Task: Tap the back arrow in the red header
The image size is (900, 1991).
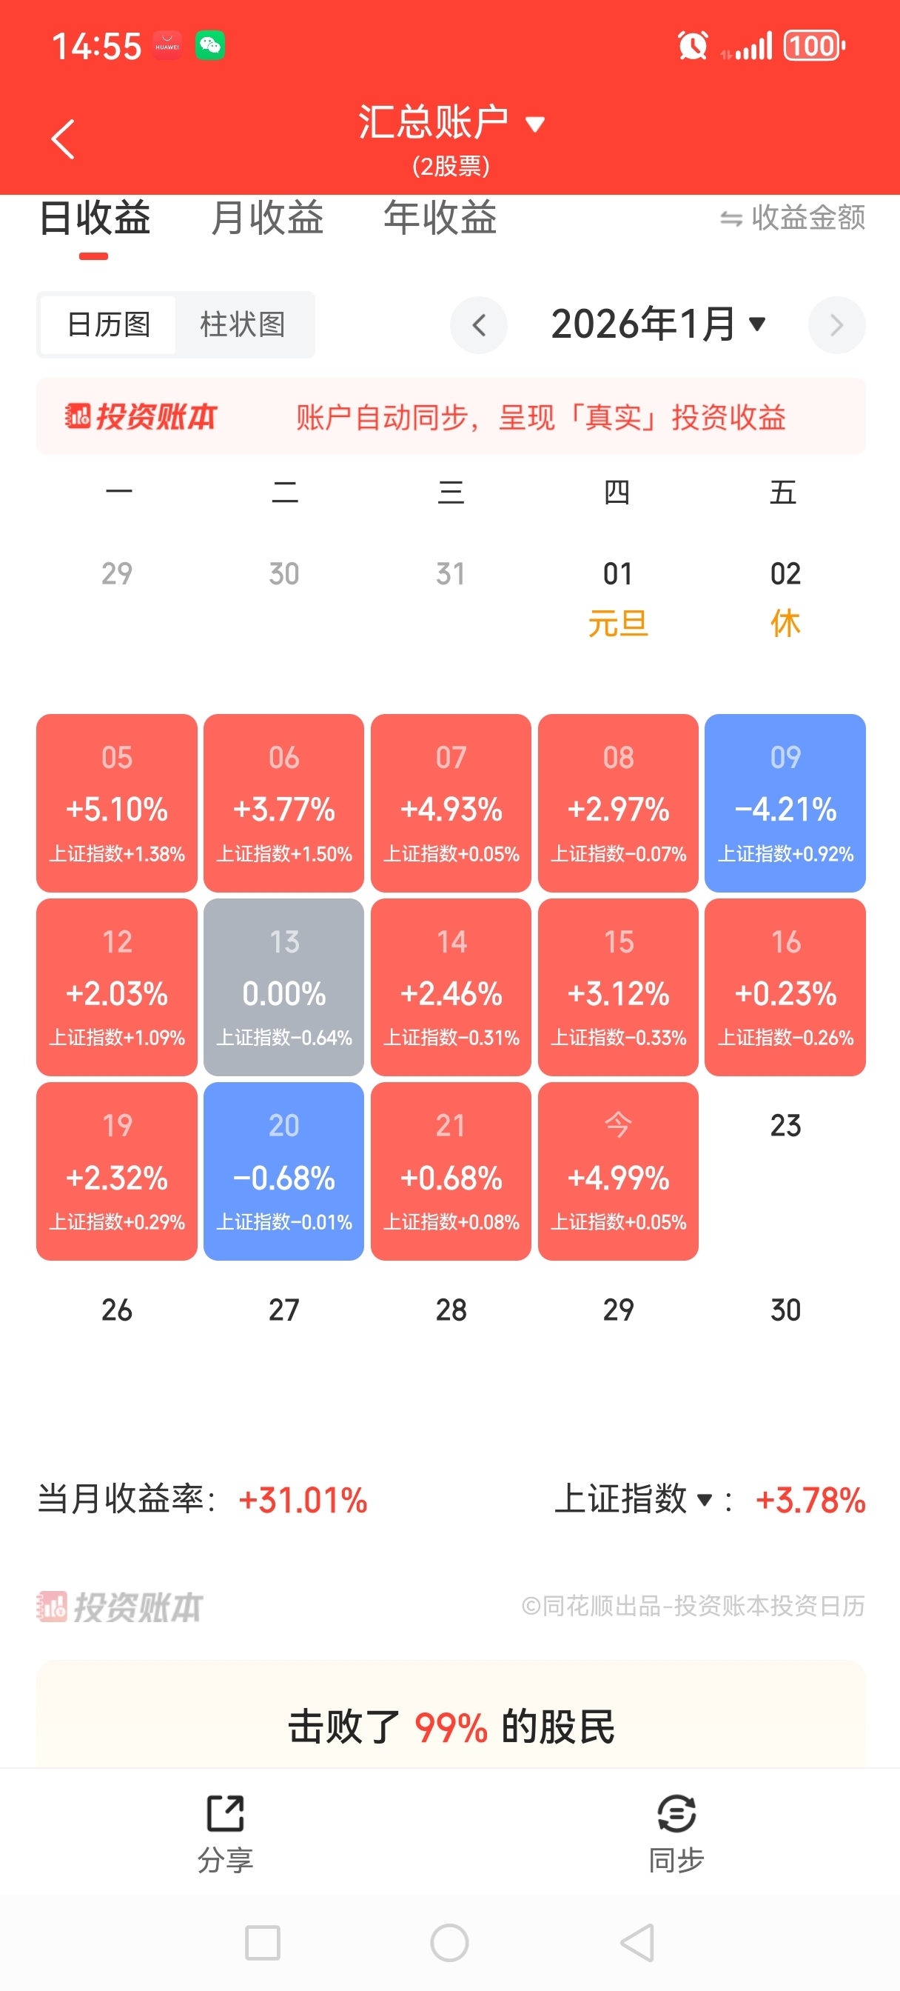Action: tap(63, 139)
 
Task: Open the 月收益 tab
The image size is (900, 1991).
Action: tap(266, 217)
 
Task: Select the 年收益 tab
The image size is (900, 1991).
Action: tap(440, 217)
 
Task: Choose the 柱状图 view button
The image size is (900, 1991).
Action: tap(243, 324)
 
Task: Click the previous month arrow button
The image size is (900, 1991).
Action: tap(479, 324)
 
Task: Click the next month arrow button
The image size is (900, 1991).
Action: tap(836, 324)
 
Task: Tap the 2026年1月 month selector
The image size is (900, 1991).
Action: tap(657, 324)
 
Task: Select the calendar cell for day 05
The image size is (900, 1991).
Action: tap(117, 802)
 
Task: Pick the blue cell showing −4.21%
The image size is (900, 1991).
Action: tap(785, 802)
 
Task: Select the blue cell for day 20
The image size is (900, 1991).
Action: tap(283, 1170)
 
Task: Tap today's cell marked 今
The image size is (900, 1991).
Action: tap(618, 1170)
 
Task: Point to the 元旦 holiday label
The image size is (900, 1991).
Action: tap(618, 623)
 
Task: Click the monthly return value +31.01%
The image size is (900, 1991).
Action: tap(303, 1500)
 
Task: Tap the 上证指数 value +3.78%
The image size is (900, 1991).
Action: tap(810, 1500)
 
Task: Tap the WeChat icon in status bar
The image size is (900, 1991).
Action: tap(210, 46)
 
